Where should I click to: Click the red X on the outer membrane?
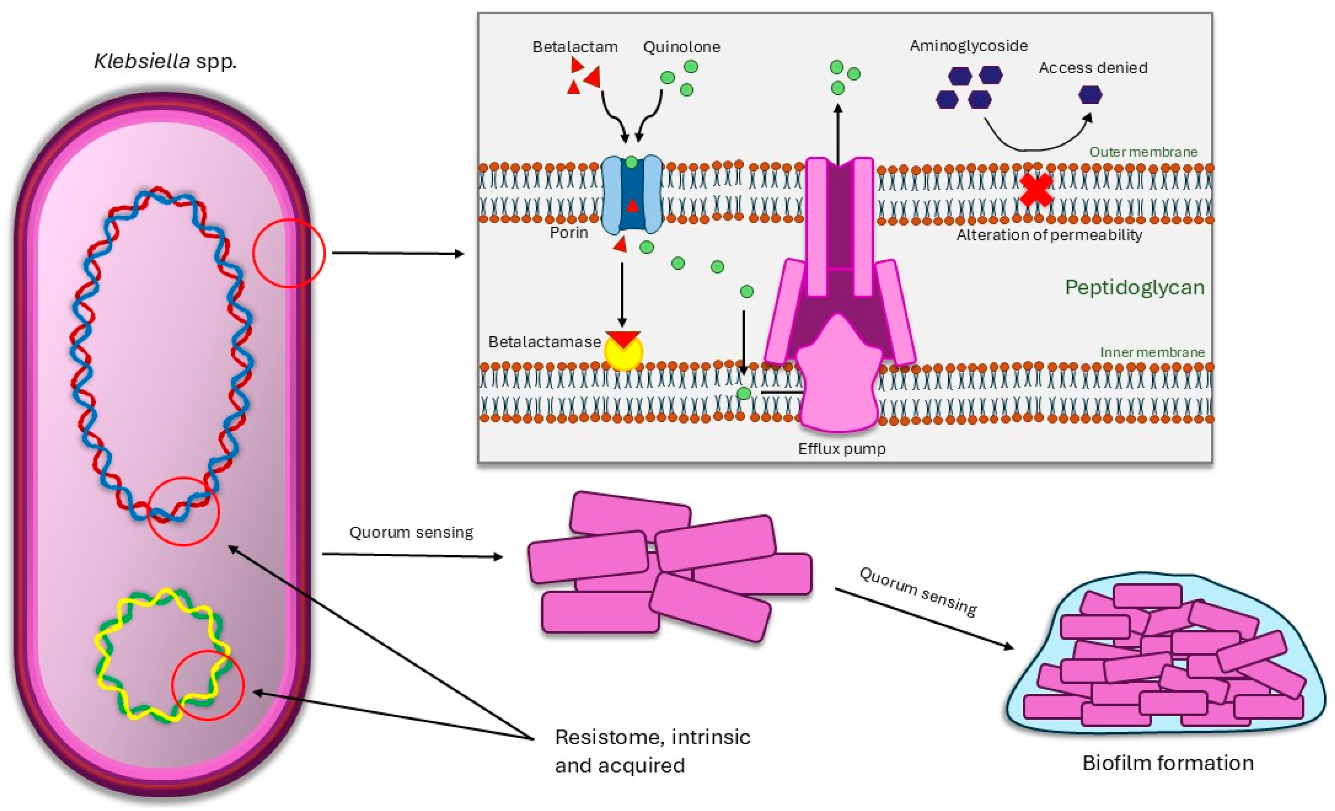coord(1036,190)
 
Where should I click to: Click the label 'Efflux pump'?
coord(841,448)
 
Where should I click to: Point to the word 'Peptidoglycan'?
coord(1135,287)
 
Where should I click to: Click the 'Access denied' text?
coord(1093,68)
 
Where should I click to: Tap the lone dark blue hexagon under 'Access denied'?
coord(1090,95)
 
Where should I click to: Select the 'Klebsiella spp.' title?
coord(166,61)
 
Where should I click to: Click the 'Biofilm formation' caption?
coord(1168,763)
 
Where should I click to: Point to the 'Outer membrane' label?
coord(1143,152)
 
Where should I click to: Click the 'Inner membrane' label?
coord(1152,352)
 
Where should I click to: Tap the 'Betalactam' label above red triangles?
coord(575,47)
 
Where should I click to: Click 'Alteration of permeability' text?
coord(1049,235)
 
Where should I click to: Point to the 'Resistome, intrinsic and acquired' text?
coord(652,751)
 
